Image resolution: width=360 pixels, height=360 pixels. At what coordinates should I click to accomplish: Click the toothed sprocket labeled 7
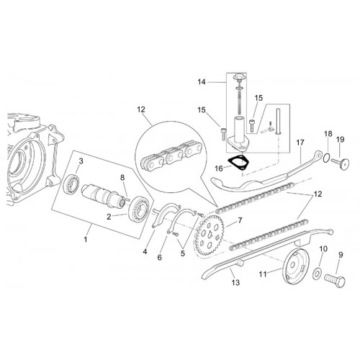(210, 235)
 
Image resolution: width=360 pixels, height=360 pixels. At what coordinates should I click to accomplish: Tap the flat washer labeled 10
(318, 274)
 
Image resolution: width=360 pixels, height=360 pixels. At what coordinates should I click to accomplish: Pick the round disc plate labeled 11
(293, 266)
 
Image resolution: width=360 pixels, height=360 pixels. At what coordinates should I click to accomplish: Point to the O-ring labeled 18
(325, 158)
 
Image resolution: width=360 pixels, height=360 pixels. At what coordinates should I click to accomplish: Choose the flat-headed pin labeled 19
(340, 163)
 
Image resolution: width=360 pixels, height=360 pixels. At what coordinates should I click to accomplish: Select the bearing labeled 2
(140, 207)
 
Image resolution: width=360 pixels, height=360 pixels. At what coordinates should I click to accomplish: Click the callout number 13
(236, 282)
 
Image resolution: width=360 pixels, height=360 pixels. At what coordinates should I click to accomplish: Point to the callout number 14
(202, 82)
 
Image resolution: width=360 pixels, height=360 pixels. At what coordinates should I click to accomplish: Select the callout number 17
(300, 143)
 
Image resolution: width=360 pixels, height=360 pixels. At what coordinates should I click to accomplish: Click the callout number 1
(86, 239)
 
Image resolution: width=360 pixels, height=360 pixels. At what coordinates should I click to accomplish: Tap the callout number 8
(122, 178)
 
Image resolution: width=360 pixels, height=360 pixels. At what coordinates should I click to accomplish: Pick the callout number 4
(145, 252)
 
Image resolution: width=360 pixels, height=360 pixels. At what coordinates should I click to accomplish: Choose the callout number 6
(160, 258)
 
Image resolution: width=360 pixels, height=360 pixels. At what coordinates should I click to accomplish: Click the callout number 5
(183, 253)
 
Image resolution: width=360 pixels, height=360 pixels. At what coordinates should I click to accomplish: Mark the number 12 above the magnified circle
(141, 109)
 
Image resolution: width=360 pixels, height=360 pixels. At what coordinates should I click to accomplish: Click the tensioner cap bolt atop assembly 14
(237, 78)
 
